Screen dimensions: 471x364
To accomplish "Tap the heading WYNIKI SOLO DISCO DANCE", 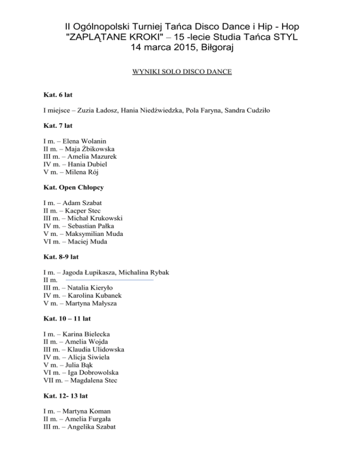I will point(182,73).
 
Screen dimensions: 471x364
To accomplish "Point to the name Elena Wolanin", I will point(84,141).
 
